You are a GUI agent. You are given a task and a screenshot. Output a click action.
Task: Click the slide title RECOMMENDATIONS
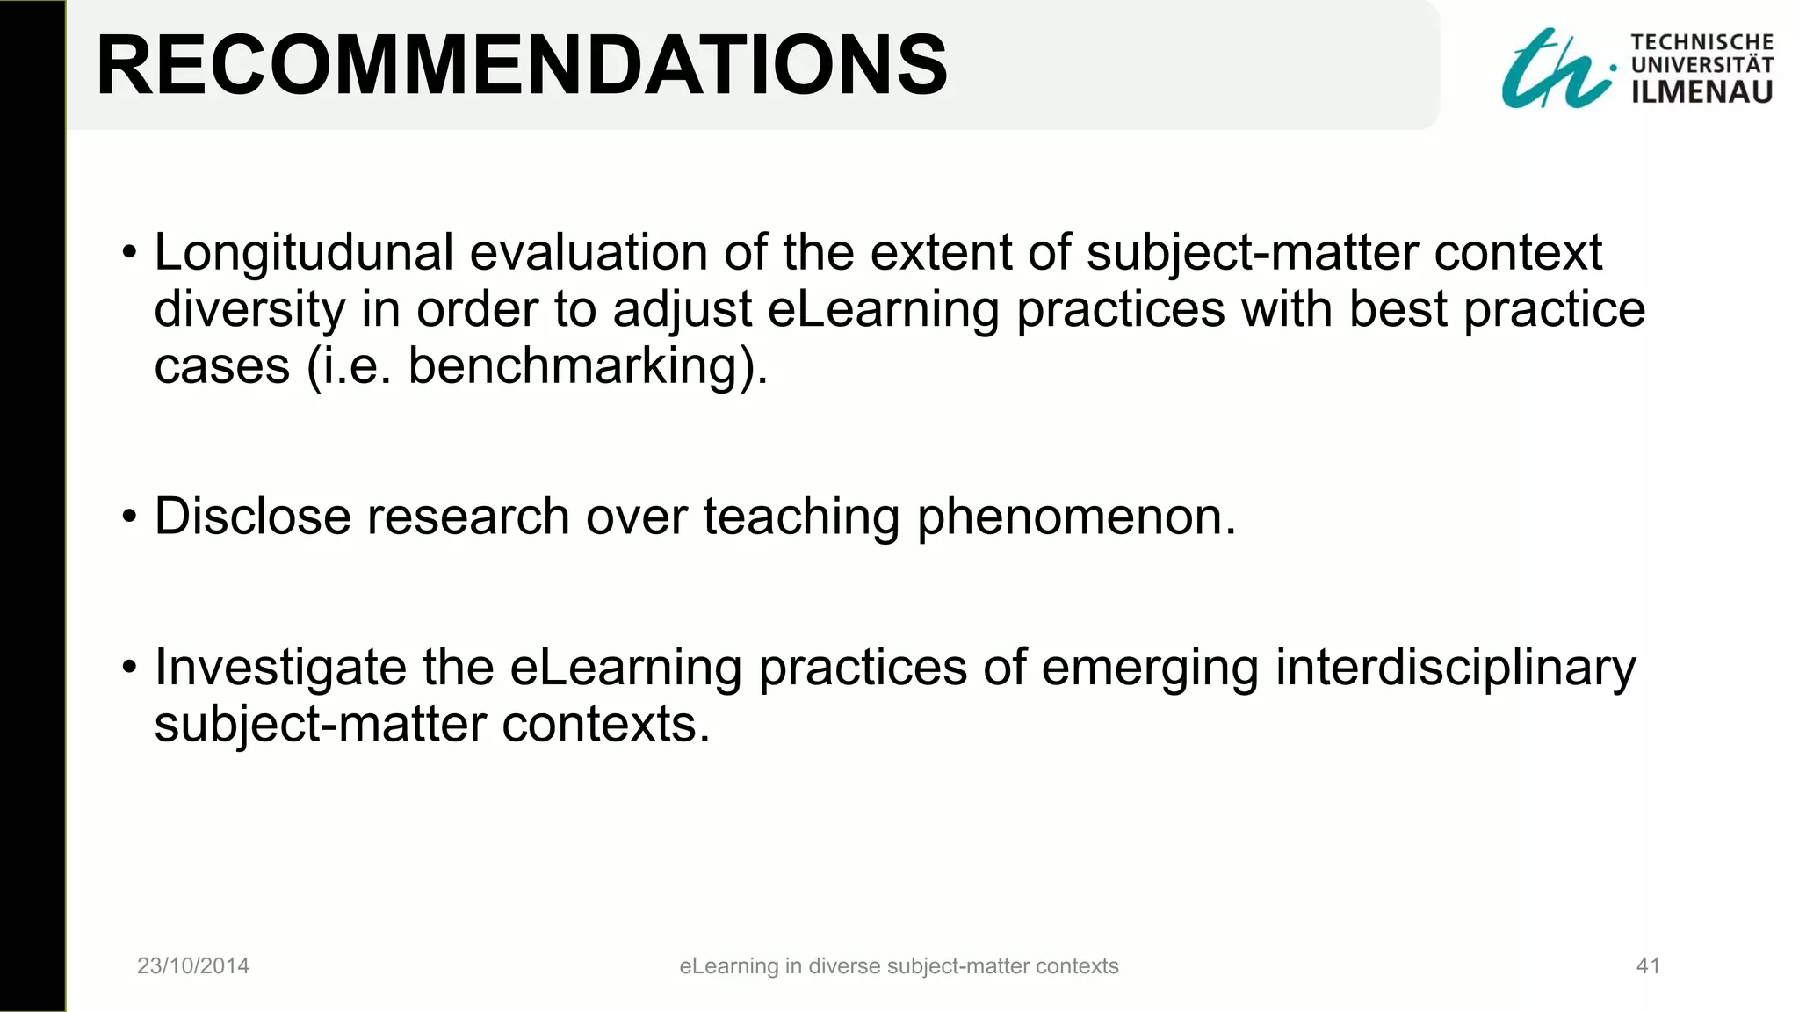coord(522,65)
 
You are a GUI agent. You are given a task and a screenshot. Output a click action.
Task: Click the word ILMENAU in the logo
coord(1701,91)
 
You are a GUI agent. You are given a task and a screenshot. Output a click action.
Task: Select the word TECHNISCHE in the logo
coord(1701,42)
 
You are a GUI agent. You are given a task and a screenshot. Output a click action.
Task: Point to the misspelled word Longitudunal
coord(304,253)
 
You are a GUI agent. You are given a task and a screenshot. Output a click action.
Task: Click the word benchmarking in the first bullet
coord(583,365)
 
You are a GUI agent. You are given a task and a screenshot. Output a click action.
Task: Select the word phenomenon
coord(1076,517)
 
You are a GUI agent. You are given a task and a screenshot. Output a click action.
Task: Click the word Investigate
coord(280,668)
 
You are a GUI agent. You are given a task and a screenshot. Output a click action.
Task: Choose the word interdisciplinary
coord(1455,668)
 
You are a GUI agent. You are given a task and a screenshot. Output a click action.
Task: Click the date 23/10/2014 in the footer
coord(193,966)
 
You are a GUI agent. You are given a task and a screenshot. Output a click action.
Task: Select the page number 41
coord(1648,966)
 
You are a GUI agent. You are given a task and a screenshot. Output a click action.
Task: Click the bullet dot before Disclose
coord(130,517)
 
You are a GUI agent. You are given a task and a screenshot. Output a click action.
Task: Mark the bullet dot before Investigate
coord(130,668)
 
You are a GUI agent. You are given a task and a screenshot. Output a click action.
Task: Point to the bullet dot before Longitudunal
coord(130,254)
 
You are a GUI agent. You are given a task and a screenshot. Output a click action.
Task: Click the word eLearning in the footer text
coord(728,966)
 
